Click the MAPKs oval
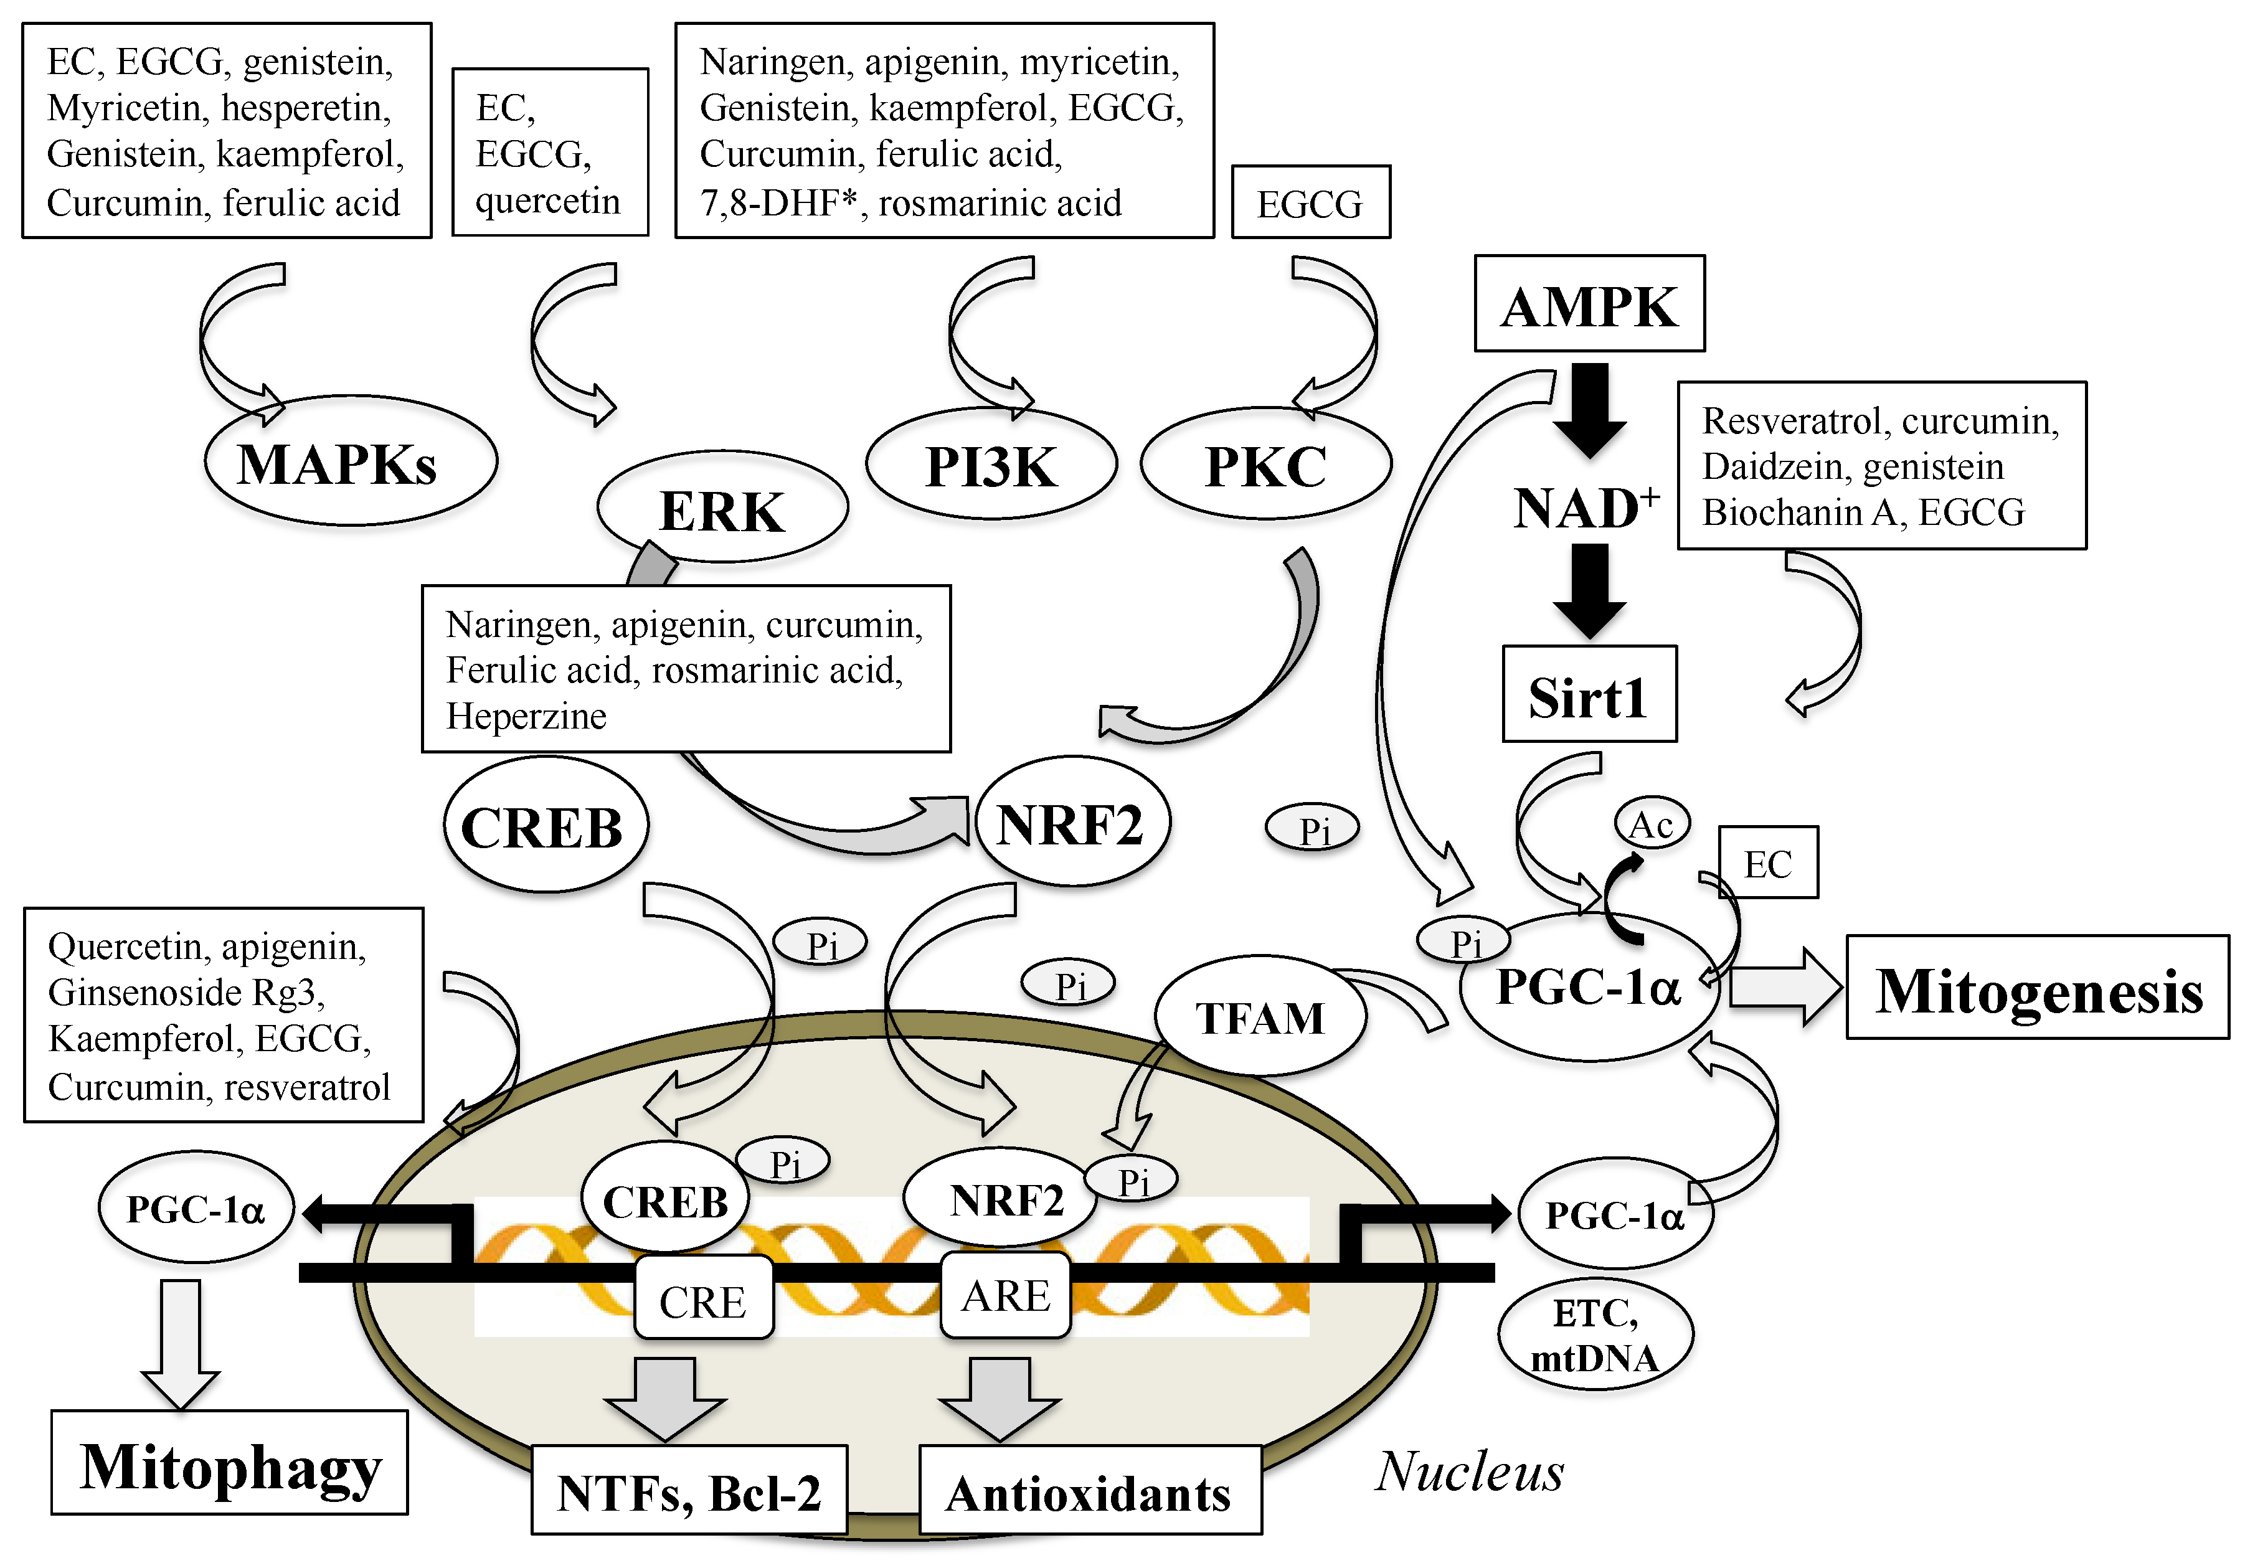[x=349, y=461]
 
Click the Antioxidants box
[x=1089, y=1491]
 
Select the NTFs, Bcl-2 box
[x=688, y=1491]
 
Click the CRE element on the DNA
[x=703, y=1301]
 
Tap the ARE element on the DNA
[x=1005, y=1296]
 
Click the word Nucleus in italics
[x=1468, y=1471]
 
